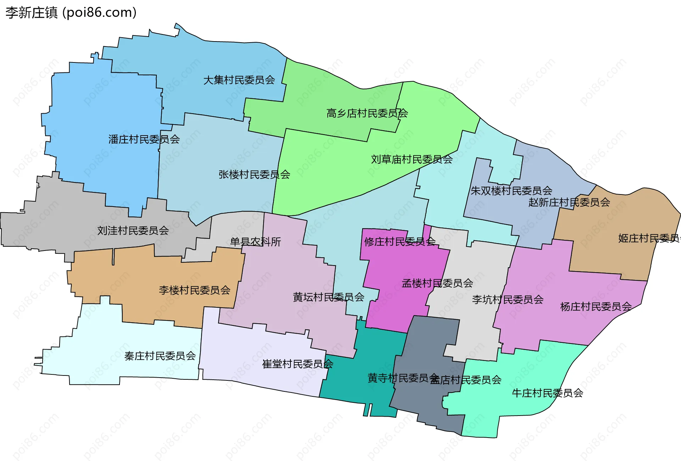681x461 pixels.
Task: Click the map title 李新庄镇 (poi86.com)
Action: pos(71,13)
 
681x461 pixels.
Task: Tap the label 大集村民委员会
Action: pos(239,80)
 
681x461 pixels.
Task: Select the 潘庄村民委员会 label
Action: pos(144,139)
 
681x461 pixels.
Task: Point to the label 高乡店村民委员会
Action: pos(367,114)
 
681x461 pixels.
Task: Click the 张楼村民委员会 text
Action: pos(254,175)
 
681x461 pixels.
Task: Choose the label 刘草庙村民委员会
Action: pos(411,160)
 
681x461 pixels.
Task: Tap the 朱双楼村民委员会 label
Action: pos(511,191)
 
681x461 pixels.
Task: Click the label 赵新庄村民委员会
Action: pos(569,202)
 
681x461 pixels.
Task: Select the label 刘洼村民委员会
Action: pos(133,231)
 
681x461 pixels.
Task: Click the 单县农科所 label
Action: pos(255,242)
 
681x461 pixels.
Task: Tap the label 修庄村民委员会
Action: pos(400,242)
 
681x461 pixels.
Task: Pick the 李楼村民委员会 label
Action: pos(194,290)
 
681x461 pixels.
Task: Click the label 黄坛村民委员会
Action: pos(328,297)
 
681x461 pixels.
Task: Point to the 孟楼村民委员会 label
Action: pos(437,283)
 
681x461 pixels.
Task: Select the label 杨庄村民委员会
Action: pos(596,307)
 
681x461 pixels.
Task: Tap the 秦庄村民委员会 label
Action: pos(160,356)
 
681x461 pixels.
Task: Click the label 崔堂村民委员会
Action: pos(297,364)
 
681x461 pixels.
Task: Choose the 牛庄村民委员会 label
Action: pos(547,393)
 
